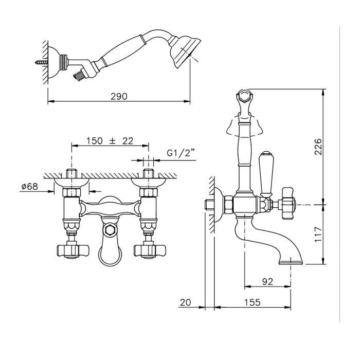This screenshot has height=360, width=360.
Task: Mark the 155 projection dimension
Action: coord(251,302)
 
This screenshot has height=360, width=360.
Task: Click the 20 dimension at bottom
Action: coord(186,302)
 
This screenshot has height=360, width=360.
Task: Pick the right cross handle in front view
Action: coord(146,251)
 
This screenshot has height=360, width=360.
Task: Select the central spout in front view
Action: coord(109,247)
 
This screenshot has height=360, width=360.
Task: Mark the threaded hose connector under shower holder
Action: coord(79,76)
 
